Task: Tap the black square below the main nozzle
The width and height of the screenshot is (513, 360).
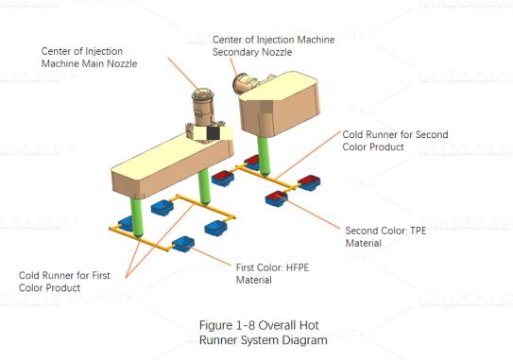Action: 213,137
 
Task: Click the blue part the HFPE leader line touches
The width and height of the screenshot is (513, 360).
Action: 183,245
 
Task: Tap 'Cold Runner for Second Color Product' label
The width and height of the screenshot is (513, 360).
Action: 394,141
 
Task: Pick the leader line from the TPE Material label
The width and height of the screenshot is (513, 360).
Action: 316,214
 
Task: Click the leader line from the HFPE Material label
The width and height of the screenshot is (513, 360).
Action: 211,254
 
